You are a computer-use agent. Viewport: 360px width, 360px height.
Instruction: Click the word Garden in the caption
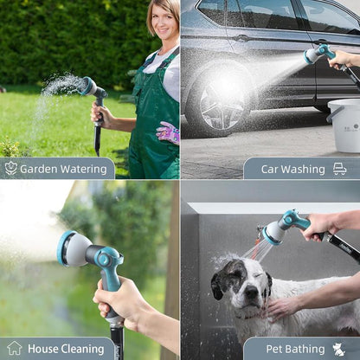pos(39,169)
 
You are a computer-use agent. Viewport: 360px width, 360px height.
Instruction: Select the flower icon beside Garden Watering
pos(11,168)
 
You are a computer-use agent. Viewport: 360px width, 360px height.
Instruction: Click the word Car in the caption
pos(270,169)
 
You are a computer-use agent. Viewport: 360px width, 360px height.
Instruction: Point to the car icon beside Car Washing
pos(339,169)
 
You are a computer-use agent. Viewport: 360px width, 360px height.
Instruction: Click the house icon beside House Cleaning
pos(15,348)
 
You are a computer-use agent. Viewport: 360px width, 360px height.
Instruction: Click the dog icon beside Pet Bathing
pos(338,349)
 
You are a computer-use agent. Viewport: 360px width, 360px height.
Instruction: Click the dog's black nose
pos(252,292)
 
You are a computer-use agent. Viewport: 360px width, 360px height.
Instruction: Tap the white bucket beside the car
pos(344,125)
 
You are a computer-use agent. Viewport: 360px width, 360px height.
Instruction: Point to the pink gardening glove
pos(169,133)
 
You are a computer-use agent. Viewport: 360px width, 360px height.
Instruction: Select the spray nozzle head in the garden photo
pos(88,86)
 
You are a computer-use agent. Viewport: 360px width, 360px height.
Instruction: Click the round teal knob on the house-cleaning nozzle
pos(105,259)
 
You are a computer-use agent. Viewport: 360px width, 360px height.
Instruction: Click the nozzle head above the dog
pos(273,232)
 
